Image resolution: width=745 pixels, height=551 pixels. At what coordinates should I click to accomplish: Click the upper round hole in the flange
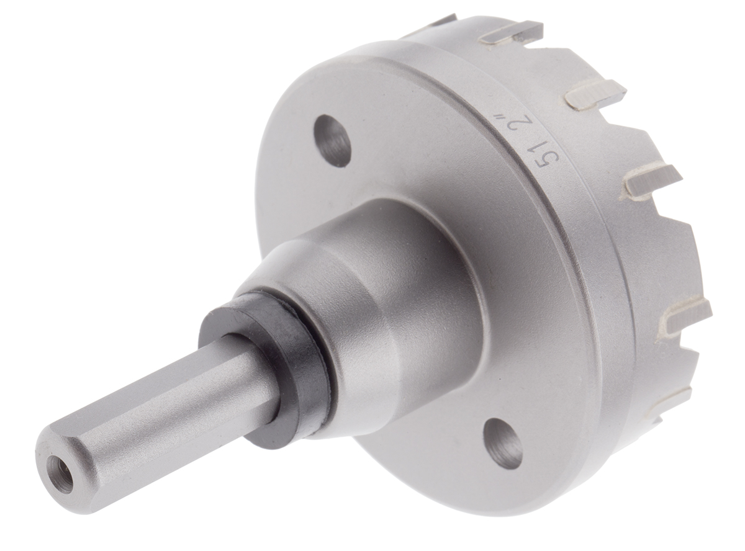coord(332,140)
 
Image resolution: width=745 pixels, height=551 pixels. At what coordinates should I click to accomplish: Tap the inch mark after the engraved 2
coord(496,117)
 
